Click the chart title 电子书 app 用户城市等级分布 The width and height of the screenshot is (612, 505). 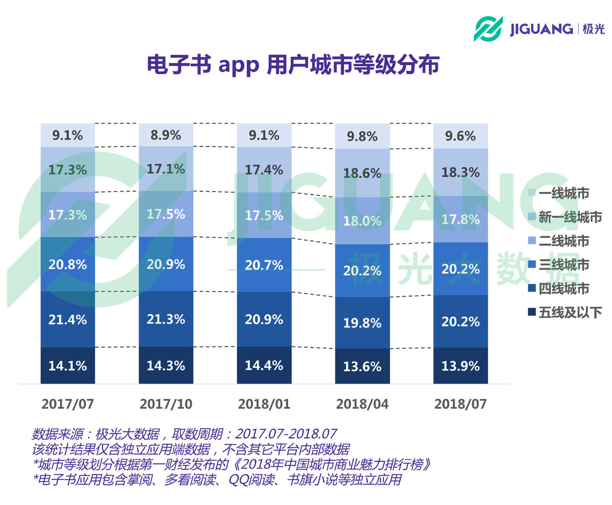point(293,65)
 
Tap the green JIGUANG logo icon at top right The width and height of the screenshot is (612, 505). point(488,29)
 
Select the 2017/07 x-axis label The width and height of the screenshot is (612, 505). point(67,404)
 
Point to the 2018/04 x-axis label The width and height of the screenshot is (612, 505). point(362,404)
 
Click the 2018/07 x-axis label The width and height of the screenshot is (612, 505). point(460,404)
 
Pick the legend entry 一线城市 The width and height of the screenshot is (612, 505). point(563,193)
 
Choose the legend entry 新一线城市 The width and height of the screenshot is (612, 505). point(569,217)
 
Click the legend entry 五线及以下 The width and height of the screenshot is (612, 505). point(569,312)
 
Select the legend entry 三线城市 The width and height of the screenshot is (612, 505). point(563,265)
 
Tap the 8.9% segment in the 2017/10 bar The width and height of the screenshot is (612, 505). point(166,135)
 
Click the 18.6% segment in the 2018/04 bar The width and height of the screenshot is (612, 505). point(362,173)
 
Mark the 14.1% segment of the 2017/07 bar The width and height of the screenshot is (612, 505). point(67,365)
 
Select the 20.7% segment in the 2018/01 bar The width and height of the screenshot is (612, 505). point(264,265)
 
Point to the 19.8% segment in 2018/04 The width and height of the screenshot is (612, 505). point(362,323)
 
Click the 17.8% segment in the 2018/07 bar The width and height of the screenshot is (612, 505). point(460,219)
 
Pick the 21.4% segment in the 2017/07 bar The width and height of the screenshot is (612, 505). point(67,319)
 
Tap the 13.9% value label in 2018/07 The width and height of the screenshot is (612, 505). point(460,366)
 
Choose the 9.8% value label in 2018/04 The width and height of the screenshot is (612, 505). point(362,137)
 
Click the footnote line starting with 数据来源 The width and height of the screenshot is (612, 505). point(184,434)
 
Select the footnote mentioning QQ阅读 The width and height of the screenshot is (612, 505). point(218,480)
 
